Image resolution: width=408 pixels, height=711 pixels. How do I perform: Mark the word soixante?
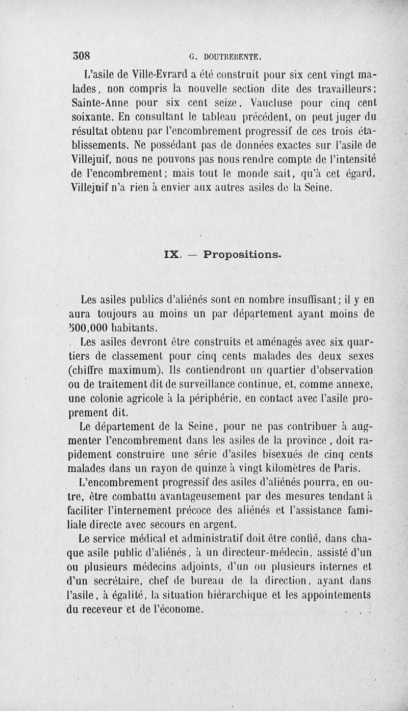coord(90,115)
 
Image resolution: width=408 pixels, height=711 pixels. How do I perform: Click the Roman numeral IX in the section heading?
coord(172,254)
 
